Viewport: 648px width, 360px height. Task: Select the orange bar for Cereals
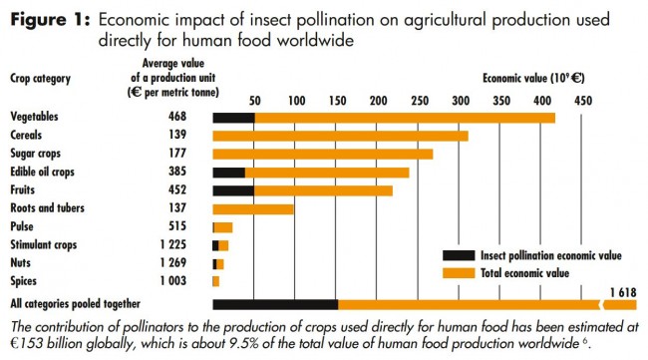tap(340, 136)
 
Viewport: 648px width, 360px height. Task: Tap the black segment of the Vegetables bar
tap(233, 118)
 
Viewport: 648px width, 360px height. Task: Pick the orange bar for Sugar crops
tap(322, 154)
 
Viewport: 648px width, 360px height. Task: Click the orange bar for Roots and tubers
tap(253, 208)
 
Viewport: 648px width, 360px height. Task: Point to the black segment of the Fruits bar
tap(232, 190)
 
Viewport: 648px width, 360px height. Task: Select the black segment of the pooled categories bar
tap(275, 304)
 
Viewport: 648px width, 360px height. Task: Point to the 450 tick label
tap(583, 101)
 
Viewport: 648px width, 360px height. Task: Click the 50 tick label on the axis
tap(254, 101)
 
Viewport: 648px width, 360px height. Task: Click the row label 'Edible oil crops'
tap(44, 172)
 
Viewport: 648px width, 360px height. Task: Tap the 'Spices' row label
tap(26, 280)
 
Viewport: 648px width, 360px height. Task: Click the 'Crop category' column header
tap(42, 77)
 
